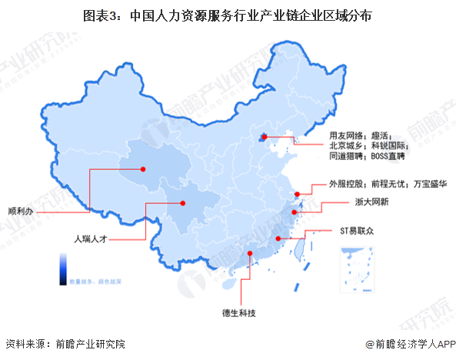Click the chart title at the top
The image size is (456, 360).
(x=228, y=15)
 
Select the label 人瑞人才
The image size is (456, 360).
(x=90, y=240)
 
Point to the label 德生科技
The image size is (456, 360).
(x=239, y=313)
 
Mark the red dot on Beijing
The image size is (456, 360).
(x=264, y=138)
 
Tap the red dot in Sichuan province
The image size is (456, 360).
(x=183, y=203)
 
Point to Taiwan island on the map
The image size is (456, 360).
(x=301, y=246)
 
